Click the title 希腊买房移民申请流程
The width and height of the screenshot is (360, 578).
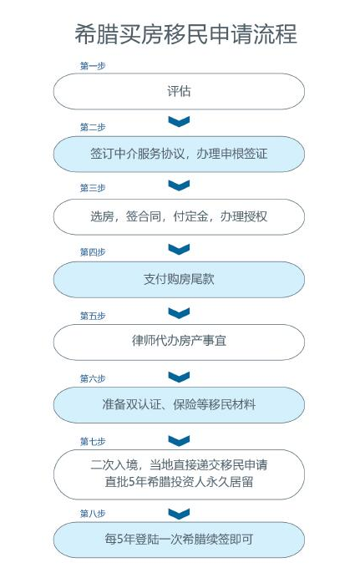point(185,34)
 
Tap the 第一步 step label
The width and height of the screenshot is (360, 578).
point(93,66)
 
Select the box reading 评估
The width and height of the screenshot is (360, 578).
point(179,91)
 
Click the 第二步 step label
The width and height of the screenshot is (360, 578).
point(93,127)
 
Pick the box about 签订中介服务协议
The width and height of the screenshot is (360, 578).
point(179,154)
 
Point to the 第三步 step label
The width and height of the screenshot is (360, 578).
point(93,188)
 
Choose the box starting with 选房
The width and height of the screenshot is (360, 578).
point(179,217)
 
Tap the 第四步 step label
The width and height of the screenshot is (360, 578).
point(93,252)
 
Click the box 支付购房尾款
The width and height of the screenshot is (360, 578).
point(179,280)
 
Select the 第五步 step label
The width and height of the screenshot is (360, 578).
point(93,316)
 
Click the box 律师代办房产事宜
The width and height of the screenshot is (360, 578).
point(179,342)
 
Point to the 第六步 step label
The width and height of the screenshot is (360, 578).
point(93,378)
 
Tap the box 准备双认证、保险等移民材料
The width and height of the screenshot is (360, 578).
point(179,405)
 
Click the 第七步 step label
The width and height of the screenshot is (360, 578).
point(93,441)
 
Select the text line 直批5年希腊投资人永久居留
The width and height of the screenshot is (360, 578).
point(179,482)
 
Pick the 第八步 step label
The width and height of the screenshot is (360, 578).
point(93,514)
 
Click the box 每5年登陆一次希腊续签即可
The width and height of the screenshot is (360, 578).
point(179,540)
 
